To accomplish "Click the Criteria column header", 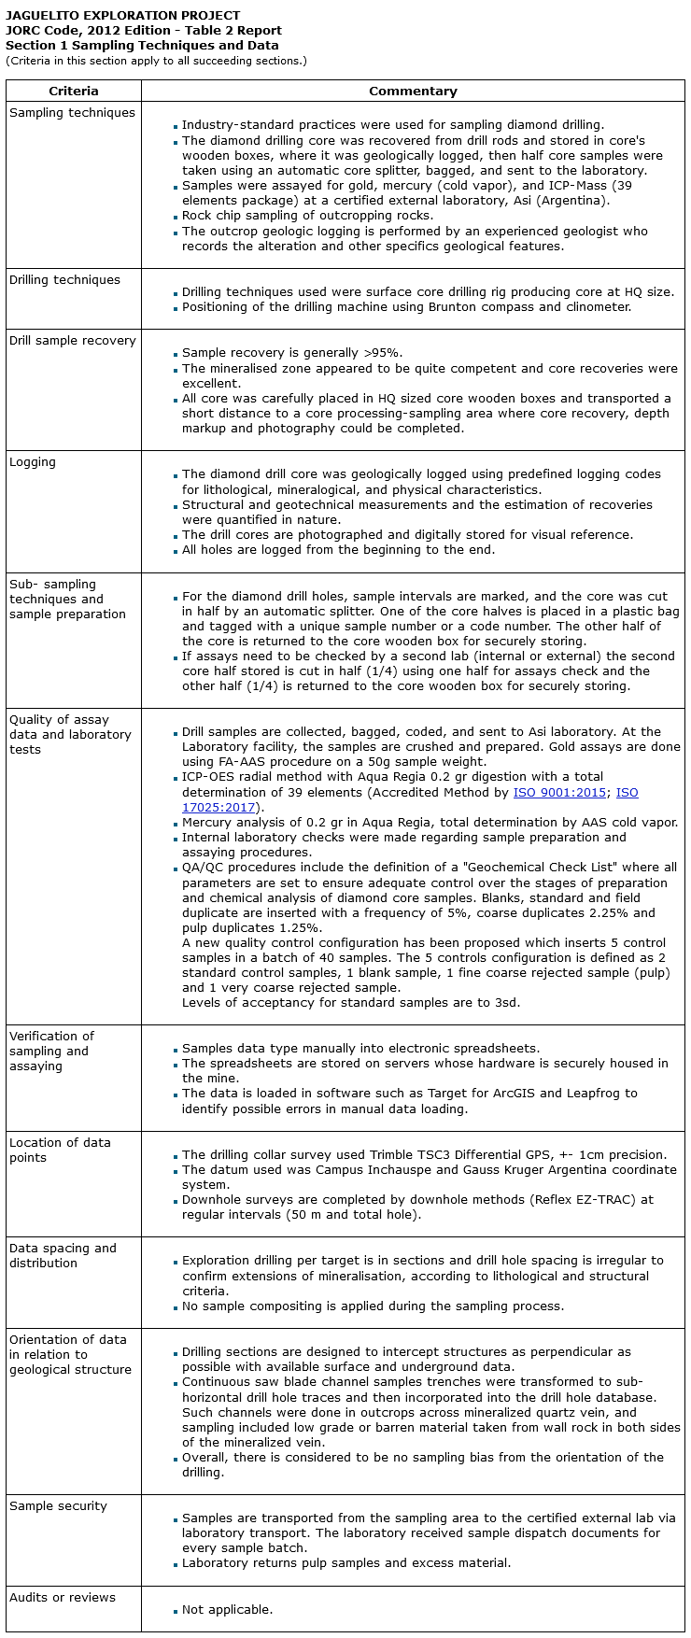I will point(74,91).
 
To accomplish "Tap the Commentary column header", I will point(413,91).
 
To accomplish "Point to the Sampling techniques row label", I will point(72,112).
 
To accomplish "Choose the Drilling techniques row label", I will point(64,279).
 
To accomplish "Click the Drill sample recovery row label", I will point(72,340).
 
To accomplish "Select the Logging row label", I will point(33,461).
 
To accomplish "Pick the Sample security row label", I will point(58,1505).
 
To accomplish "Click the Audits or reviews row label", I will point(63,1597).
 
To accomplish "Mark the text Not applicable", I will point(227,1609).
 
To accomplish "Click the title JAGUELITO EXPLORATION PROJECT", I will point(122,15).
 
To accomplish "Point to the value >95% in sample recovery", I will point(382,353).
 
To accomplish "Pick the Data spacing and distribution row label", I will point(63,1255).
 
